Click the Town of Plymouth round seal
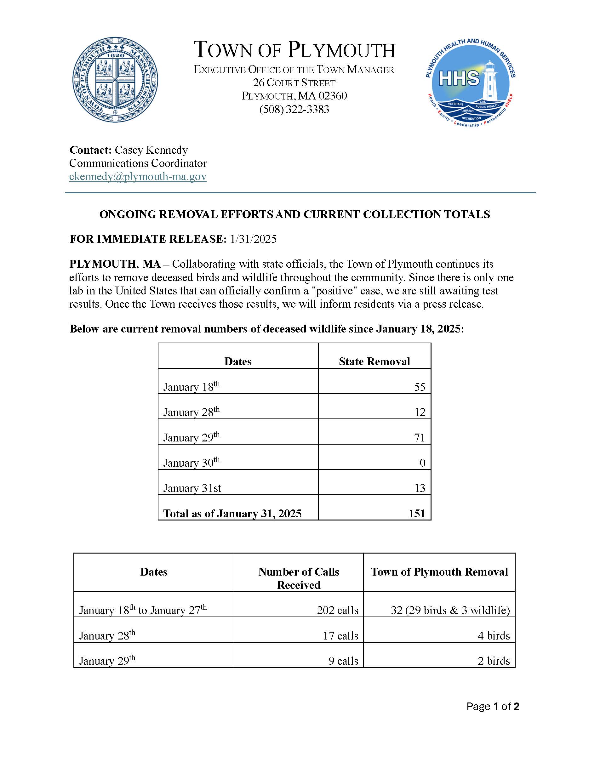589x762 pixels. (115, 80)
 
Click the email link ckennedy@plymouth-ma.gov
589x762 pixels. (138, 177)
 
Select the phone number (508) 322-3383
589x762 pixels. (294, 110)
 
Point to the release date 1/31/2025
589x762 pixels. (253, 239)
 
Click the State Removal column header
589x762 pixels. (375, 361)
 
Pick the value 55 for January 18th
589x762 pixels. (420, 387)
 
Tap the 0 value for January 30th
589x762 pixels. (422, 463)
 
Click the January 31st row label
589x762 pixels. (192, 488)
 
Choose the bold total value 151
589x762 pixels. (417, 514)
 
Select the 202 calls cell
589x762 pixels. (337, 610)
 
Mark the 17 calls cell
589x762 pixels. (340, 635)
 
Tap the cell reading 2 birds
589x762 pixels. (494, 661)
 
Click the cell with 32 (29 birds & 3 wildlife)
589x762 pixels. (450, 610)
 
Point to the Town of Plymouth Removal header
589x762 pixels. (439, 572)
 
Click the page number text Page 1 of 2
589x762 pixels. (493, 707)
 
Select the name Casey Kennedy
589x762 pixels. (151, 150)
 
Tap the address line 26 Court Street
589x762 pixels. (294, 83)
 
